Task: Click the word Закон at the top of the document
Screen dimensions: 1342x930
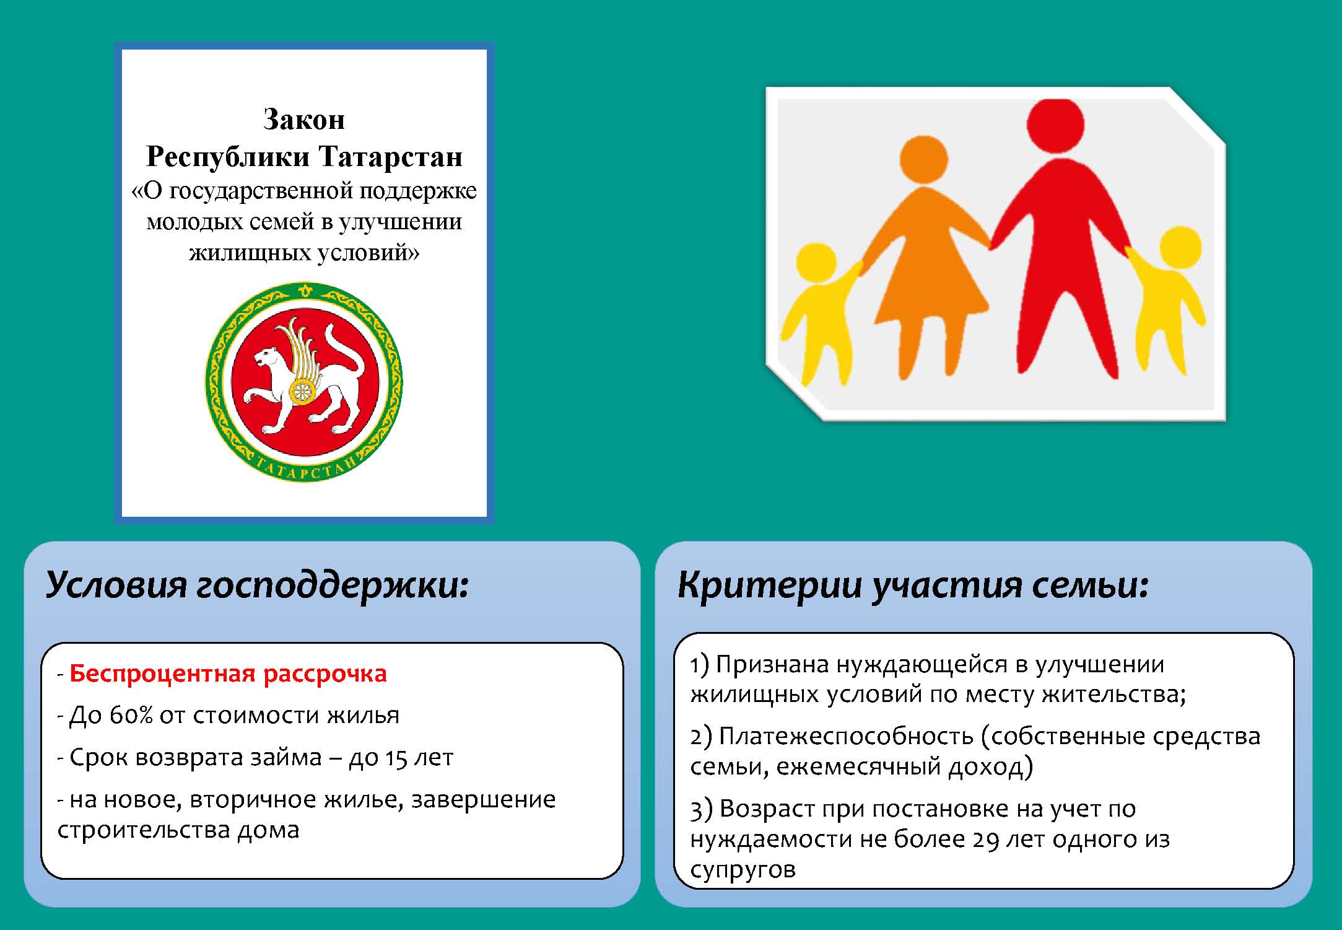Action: coord(303,119)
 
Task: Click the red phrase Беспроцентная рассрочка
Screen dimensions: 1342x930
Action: coord(228,673)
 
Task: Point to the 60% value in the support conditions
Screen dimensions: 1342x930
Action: coord(131,715)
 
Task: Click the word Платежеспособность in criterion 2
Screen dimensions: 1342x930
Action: coord(847,737)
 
